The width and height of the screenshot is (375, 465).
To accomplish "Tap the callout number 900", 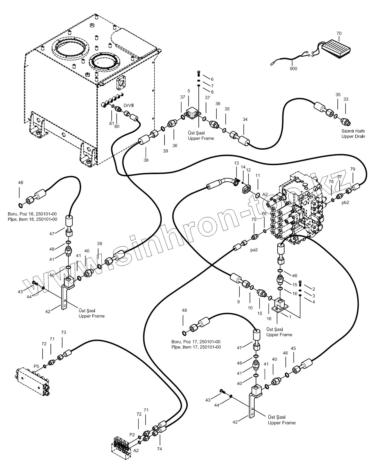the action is (x=293, y=69).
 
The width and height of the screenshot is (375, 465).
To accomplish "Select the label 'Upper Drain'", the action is (x=353, y=136).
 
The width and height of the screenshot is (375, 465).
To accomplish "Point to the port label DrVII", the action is (x=128, y=105).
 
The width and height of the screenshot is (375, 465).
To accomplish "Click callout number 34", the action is (x=245, y=119).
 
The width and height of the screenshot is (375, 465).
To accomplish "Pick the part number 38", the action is (x=146, y=160).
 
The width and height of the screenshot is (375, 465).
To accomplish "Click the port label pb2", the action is (x=345, y=202).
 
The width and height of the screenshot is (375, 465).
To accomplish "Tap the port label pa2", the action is (x=254, y=250).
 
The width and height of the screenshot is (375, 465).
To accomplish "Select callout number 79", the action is (x=353, y=169).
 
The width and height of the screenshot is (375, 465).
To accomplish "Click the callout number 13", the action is (x=236, y=163).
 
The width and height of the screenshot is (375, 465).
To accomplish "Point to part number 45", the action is (x=293, y=348).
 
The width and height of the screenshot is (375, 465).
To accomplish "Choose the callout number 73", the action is (x=64, y=332).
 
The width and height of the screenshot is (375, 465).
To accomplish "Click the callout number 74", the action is (x=159, y=449).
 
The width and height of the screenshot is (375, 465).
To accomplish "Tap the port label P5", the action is (x=36, y=366).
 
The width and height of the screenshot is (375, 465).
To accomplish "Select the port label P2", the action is (x=132, y=434).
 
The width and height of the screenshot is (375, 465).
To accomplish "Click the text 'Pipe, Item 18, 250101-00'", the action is (x=33, y=219).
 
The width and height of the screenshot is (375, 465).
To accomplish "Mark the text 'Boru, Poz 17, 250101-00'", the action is (x=196, y=342).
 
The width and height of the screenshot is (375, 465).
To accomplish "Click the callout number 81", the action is (x=112, y=124).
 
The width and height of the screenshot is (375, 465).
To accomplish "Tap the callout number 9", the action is (x=238, y=302).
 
